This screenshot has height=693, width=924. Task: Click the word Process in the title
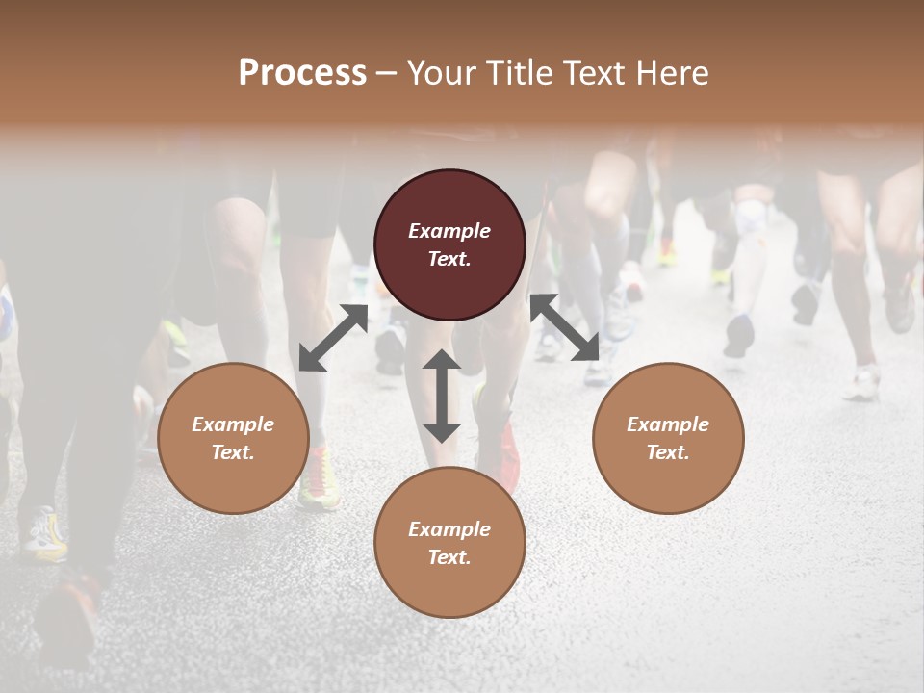(x=302, y=73)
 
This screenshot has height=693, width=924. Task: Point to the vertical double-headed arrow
(x=442, y=396)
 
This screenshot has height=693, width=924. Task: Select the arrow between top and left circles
(x=333, y=338)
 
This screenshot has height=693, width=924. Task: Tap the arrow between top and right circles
(x=565, y=328)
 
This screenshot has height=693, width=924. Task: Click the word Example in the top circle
(x=449, y=231)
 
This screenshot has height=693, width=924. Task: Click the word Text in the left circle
(x=233, y=452)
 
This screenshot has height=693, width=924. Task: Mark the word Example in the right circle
(x=668, y=424)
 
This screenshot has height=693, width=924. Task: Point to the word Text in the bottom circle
(x=449, y=557)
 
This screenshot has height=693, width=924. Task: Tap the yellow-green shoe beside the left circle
(x=318, y=479)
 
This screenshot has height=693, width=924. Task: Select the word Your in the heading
(x=438, y=73)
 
